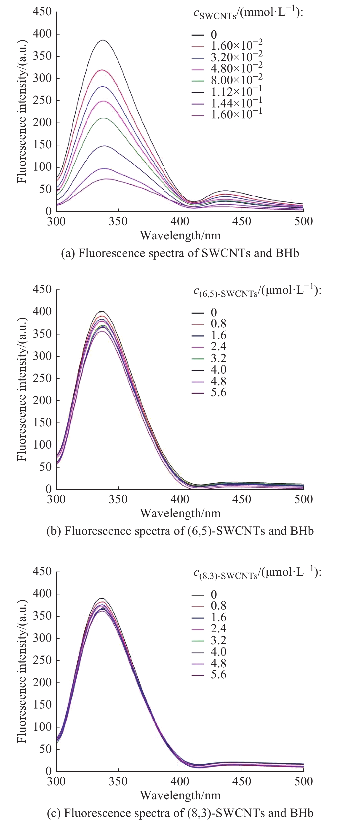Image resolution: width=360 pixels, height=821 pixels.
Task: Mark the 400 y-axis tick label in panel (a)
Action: (x=42, y=34)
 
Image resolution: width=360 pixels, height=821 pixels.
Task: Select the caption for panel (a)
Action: (x=180, y=253)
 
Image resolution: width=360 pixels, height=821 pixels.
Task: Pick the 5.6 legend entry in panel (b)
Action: (x=218, y=393)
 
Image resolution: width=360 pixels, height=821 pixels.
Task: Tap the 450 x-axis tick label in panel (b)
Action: (x=242, y=499)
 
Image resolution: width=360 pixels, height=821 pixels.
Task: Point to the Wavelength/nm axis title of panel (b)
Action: (x=180, y=513)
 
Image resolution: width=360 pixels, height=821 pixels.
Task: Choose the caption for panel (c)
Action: (x=180, y=813)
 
